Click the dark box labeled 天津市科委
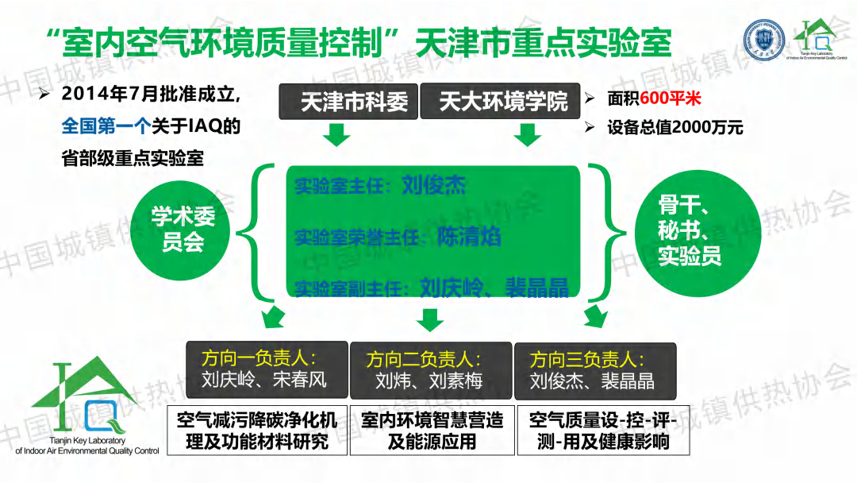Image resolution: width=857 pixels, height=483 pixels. (348, 103)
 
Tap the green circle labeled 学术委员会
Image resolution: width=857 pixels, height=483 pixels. (183, 229)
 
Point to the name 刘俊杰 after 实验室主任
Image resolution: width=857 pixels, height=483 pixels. (433, 186)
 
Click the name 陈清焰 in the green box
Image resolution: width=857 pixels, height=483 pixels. (469, 236)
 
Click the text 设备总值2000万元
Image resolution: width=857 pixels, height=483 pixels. (675, 127)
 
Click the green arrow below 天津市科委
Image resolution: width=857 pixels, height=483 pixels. (337, 136)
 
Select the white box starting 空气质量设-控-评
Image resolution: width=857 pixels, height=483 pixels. (602, 431)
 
